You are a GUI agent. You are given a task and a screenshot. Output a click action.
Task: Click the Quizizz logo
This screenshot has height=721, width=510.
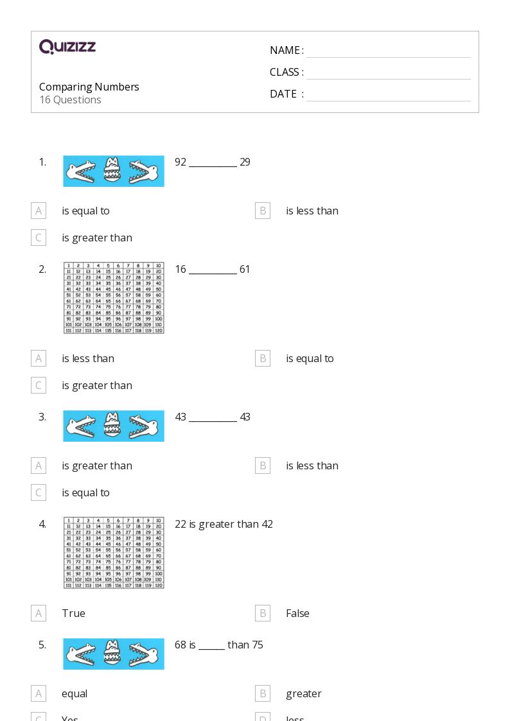[x=67, y=47]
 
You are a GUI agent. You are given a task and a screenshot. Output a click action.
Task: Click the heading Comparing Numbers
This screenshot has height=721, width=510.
[x=89, y=87]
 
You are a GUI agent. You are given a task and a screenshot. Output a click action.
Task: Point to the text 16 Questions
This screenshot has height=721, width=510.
[x=70, y=100]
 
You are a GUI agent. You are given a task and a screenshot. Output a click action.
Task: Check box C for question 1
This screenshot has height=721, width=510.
[x=39, y=238]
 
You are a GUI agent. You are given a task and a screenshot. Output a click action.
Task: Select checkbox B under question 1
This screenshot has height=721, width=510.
[x=262, y=211]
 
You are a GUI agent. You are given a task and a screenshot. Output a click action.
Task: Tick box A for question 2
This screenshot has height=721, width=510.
[x=39, y=358]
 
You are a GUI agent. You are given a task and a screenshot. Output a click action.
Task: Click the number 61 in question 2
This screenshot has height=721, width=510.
[x=245, y=269]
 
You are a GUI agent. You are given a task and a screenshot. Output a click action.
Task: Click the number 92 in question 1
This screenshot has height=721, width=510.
[x=180, y=162]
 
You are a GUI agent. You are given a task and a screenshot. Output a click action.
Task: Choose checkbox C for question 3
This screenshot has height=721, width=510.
[x=39, y=492]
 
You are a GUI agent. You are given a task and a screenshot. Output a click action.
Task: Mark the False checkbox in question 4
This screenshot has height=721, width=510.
[x=262, y=613]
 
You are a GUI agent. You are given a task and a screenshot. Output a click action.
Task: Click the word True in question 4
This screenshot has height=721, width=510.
[x=73, y=613]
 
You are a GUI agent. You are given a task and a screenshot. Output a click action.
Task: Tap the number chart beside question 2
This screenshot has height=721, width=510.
[x=114, y=297]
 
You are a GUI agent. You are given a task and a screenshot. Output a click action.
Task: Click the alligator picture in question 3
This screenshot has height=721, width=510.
[x=114, y=426]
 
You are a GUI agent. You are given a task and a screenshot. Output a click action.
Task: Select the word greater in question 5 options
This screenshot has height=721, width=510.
[x=304, y=693]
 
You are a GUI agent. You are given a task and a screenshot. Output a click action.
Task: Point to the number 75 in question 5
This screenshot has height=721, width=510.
[x=257, y=645]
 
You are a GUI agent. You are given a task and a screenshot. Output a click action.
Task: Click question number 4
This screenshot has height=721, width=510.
[x=42, y=524]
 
